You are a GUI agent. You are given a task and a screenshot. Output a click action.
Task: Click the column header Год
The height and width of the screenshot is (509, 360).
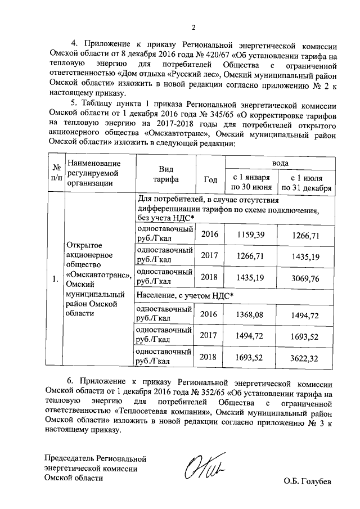click(210, 179)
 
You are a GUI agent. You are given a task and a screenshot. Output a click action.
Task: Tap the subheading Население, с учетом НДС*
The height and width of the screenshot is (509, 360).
click(186, 295)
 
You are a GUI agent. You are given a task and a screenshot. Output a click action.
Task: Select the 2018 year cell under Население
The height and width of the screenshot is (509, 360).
click(208, 357)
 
